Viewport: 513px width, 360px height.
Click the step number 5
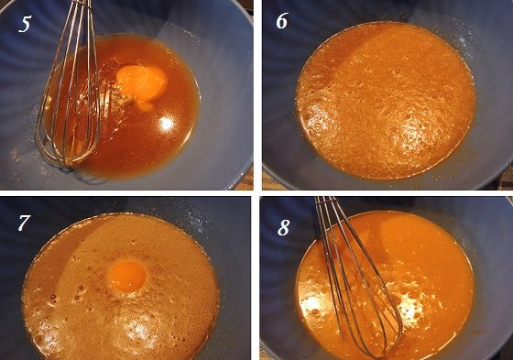25,24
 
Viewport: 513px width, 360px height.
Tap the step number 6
281,21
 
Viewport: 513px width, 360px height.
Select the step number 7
24,223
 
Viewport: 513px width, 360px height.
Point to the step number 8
283,227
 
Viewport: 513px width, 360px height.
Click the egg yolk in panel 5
141,82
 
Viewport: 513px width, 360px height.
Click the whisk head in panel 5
70,108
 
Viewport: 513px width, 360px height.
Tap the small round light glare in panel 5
167,124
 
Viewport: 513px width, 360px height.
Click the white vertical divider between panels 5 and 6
257,95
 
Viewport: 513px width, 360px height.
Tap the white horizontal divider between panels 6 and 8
386,193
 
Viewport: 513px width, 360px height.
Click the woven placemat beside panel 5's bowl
247,180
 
